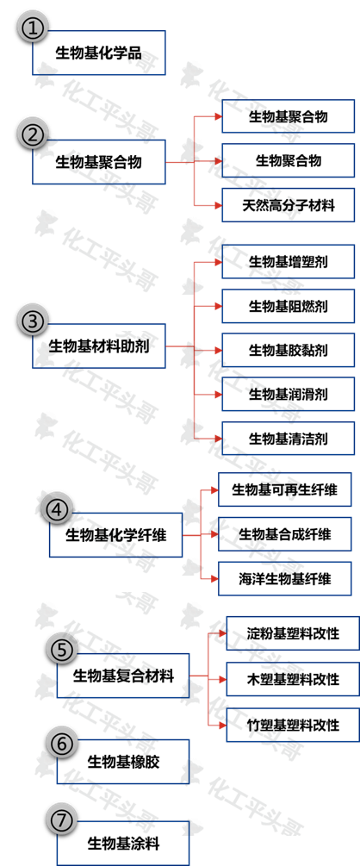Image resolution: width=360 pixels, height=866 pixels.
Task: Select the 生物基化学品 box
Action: pyautogui.click(x=98, y=54)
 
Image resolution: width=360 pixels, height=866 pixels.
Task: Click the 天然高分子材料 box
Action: pyautogui.click(x=288, y=205)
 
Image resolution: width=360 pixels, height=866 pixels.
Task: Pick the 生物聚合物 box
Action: pyautogui.click(x=288, y=160)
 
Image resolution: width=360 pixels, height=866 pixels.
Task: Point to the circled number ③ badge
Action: pyautogui.click(x=32, y=321)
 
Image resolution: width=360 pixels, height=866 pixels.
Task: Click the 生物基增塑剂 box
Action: pyautogui.click(x=288, y=260)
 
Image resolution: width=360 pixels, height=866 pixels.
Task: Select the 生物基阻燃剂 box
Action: pyautogui.click(x=288, y=305)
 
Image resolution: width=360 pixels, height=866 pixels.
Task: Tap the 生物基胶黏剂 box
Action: pyautogui.click(x=288, y=350)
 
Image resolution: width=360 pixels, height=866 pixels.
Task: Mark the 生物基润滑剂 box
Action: pyautogui.click(x=288, y=394)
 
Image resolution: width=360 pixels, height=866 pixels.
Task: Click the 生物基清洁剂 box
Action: pyautogui.click(x=288, y=439)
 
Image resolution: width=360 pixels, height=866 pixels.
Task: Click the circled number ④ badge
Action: pyautogui.click(x=56, y=509)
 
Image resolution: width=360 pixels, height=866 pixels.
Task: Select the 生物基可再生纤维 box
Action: pyautogui.click(x=284, y=489)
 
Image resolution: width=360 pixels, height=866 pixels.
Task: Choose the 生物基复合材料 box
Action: pyautogui.click(x=122, y=676)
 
